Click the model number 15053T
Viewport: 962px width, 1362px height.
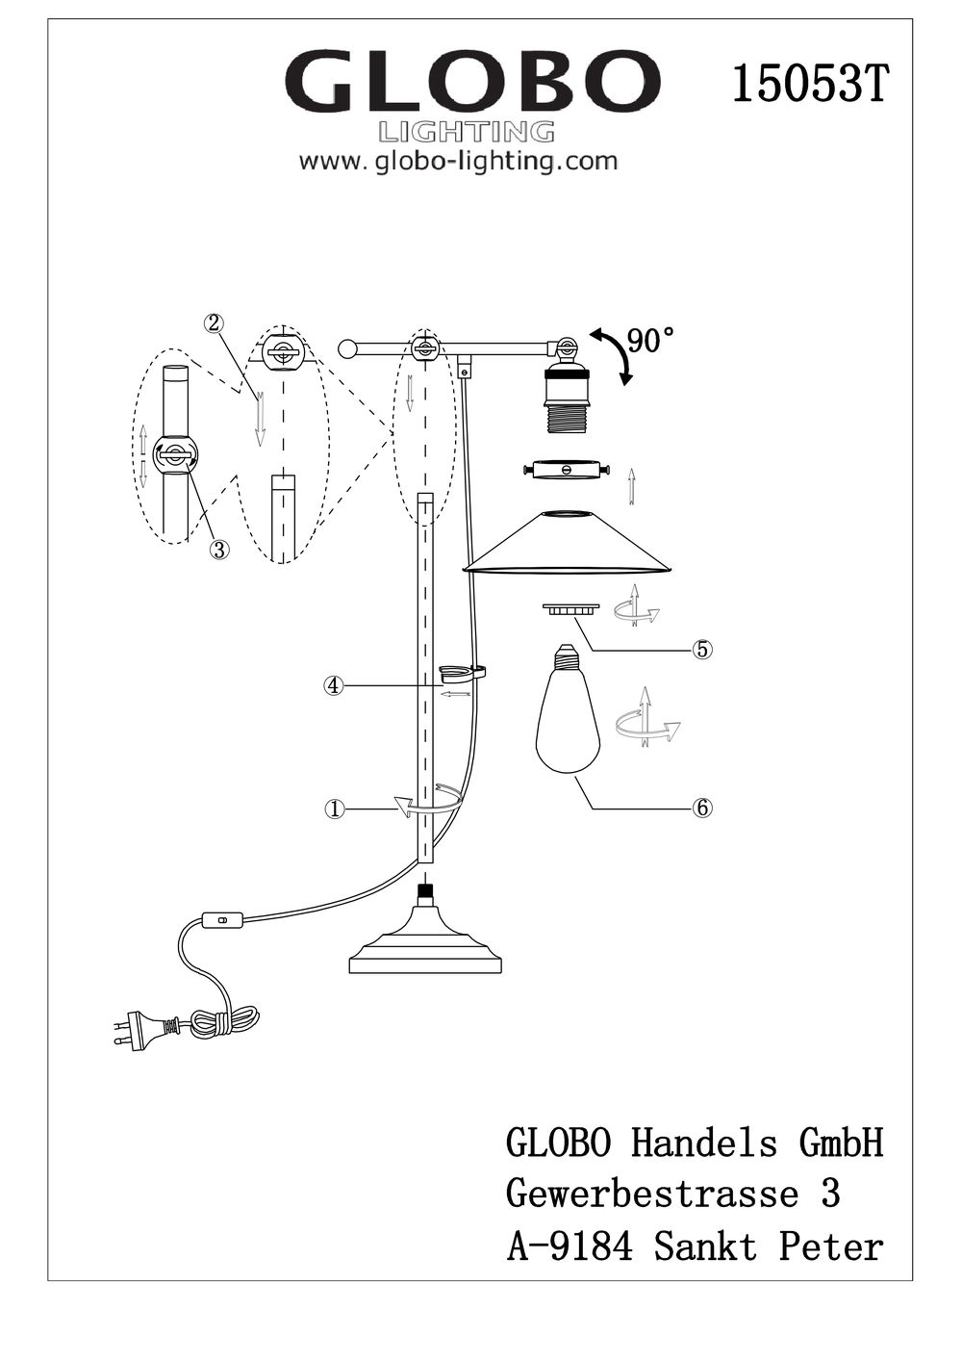808,85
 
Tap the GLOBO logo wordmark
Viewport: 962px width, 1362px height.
472,84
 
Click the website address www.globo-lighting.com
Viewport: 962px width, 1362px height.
458,161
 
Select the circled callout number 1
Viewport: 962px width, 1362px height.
334,810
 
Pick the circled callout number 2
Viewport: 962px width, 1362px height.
215,323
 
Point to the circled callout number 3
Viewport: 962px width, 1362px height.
219,550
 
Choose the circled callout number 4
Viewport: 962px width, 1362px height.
334,685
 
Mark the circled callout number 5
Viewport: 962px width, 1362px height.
702,650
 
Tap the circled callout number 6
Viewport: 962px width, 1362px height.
702,808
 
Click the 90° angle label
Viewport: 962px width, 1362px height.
650,341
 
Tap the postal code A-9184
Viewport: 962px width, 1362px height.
570,1246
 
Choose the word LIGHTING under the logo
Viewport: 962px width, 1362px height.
468,132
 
